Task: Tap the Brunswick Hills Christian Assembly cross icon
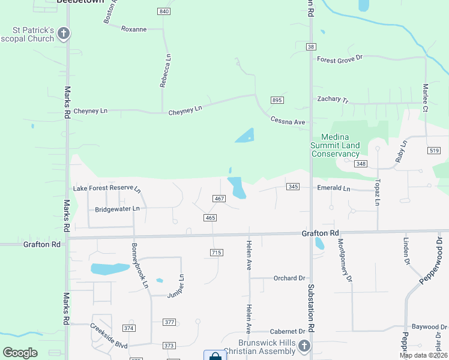(304, 346)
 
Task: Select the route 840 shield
(164, 12)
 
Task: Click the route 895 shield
(277, 100)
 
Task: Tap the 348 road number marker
(360, 164)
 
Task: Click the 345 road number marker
(293, 187)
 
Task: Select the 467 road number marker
(218, 199)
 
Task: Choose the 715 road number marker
(217, 253)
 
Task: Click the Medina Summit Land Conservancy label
(335, 145)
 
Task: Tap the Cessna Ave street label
(288, 121)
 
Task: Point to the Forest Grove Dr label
(340, 59)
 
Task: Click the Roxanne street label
(134, 29)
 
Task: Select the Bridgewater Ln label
(117, 209)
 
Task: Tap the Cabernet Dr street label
(288, 331)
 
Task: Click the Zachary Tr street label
(333, 100)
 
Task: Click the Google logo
(20, 353)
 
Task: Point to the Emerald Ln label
(333, 188)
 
